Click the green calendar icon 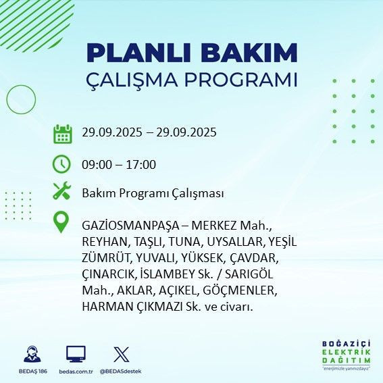[x=62, y=133]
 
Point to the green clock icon [x=61, y=163]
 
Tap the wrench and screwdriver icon [x=61, y=192]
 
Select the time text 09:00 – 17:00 [x=119, y=164]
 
